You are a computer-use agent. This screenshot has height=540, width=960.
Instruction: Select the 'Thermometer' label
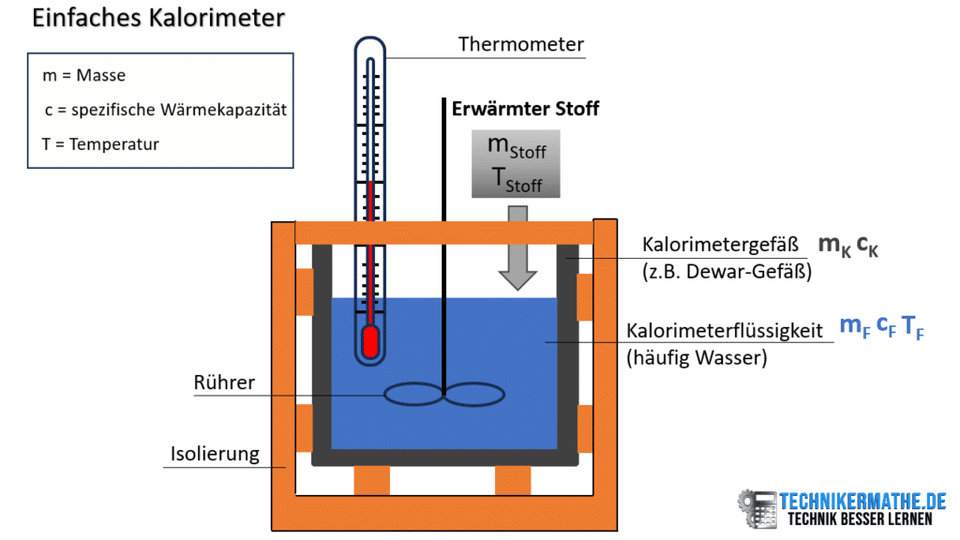click(x=520, y=44)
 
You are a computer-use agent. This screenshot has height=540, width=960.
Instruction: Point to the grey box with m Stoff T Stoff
click(x=516, y=164)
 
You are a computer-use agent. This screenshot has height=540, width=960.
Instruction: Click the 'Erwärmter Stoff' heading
click(x=525, y=109)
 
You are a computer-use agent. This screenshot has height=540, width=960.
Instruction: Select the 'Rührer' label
click(x=224, y=382)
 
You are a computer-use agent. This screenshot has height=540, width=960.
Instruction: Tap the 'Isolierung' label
click(x=214, y=454)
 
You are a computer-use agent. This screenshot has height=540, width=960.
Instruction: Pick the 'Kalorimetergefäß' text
click(x=720, y=246)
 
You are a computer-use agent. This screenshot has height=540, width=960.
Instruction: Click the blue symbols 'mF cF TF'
click(x=880, y=327)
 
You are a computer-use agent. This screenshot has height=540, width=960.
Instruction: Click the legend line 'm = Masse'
click(x=83, y=75)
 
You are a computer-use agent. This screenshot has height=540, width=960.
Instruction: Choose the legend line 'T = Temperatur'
click(x=101, y=144)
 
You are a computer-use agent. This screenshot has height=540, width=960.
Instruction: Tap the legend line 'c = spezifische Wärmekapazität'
click(x=165, y=110)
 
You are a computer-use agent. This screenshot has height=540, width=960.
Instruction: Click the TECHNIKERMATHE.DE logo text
click(x=863, y=501)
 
